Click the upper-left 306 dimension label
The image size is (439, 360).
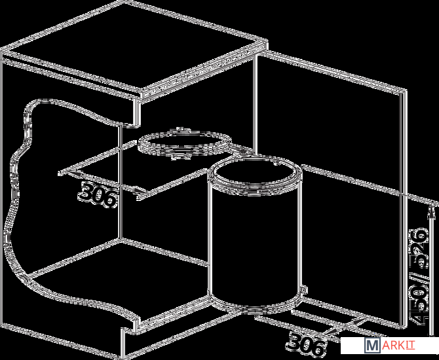tap(97, 194)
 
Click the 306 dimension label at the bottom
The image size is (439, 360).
tap(306, 344)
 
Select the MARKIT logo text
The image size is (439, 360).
tap(390, 346)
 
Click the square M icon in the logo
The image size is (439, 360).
tap(373, 346)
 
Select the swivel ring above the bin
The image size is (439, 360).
tap(185, 143)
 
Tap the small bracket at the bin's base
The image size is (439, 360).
tap(304, 290)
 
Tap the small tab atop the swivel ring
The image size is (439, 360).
tap(179, 130)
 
